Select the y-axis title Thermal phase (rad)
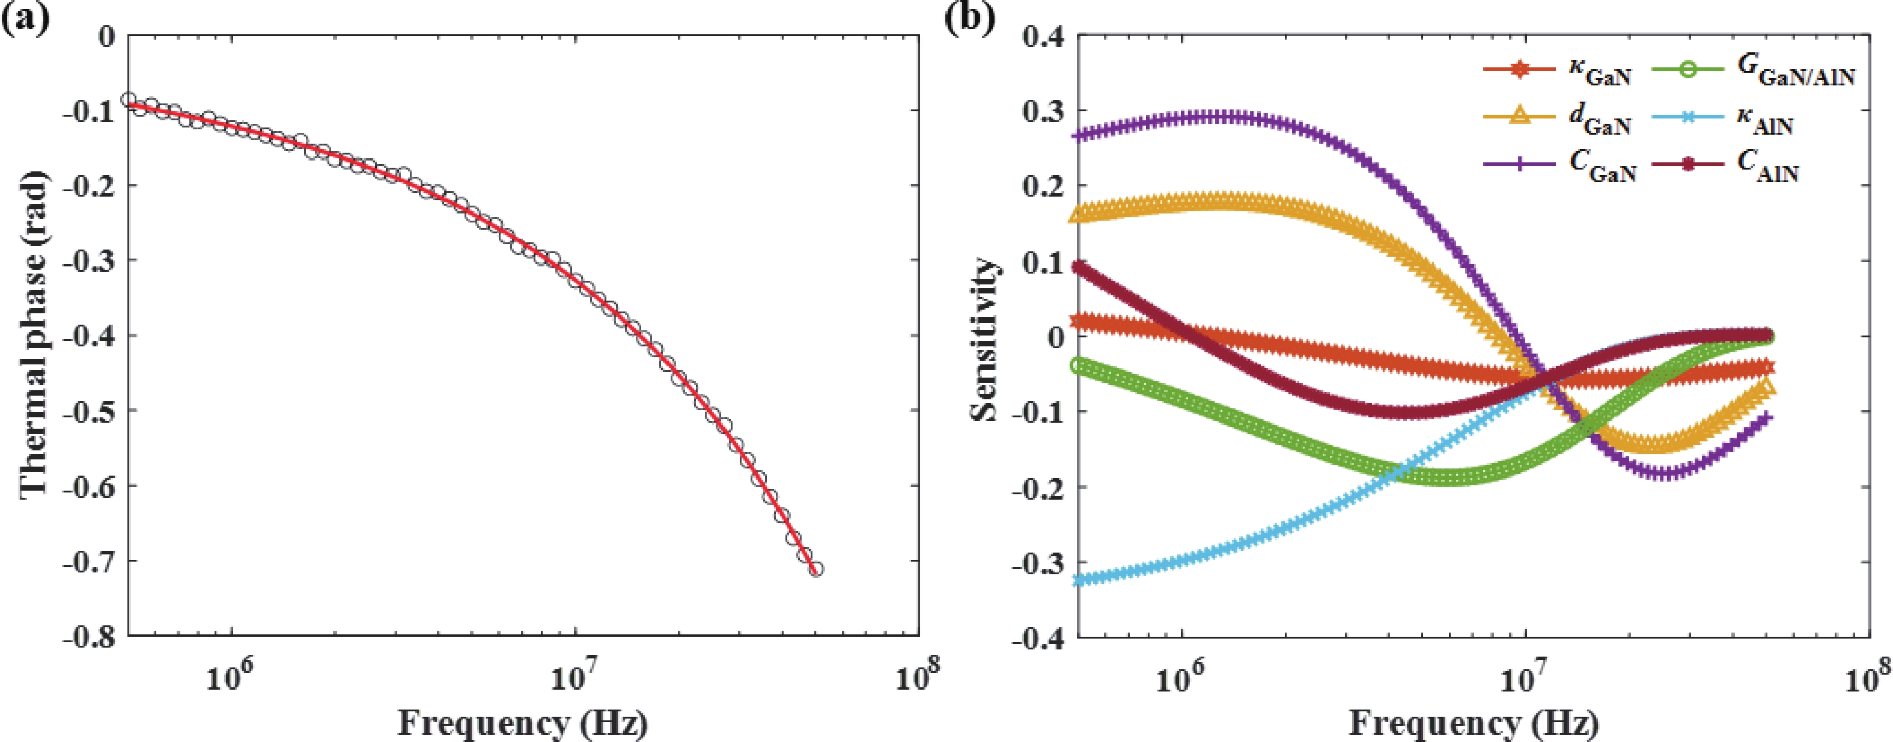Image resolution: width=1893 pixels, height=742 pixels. (x=33, y=334)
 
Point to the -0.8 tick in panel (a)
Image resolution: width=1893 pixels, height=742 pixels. (x=89, y=637)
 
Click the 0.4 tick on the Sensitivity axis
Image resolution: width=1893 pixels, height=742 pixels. (x=1042, y=37)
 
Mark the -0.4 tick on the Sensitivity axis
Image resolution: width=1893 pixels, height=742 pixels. (x=1038, y=637)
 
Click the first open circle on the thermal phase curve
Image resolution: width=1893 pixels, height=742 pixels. (x=129, y=100)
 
